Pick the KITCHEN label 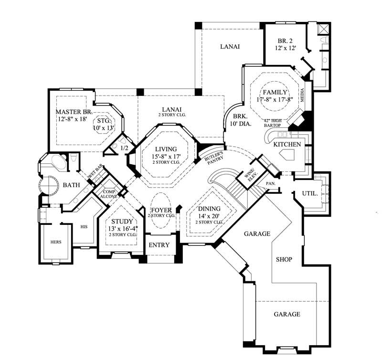287,144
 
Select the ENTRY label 159,245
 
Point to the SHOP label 284,259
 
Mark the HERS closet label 56,242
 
